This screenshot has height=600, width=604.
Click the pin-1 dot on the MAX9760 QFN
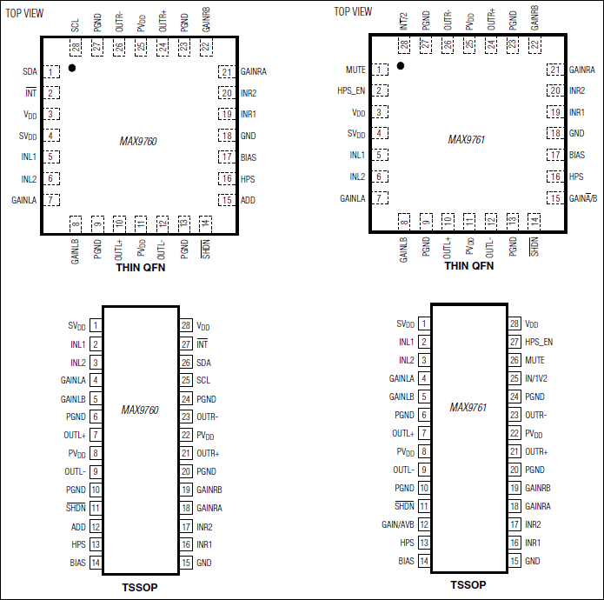tap(72, 68)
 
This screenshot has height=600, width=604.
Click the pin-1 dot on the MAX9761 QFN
tap(401, 66)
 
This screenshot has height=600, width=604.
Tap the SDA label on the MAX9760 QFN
tap(30, 71)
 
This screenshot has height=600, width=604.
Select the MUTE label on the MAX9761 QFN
tap(355, 70)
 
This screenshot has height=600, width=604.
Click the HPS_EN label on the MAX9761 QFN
tap(351, 90)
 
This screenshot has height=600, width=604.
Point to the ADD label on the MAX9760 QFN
tap(248, 200)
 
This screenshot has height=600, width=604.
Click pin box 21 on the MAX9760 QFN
tap(227, 72)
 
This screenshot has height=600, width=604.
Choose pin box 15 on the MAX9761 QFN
tap(555, 198)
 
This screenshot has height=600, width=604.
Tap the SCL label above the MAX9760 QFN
tap(75, 25)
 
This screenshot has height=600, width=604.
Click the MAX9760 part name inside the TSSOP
tap(140, 410)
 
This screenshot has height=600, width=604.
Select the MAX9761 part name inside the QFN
tap(467, 139)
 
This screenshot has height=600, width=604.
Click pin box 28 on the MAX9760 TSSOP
tap(186, 325)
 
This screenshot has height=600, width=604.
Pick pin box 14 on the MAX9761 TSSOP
tap(424, 561)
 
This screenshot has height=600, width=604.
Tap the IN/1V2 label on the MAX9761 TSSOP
tap(536, 378)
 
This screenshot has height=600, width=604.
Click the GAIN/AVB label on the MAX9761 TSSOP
tap(398, 524)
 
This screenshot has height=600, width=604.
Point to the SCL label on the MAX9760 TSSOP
tap(203, 380)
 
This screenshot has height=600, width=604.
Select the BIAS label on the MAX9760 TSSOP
tap(78, 563)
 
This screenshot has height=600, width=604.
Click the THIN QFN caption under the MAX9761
tap(469, 266)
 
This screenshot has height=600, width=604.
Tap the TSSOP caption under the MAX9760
tap(140, 587)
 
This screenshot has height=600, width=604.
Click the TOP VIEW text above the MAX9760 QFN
tap(24, 14)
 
